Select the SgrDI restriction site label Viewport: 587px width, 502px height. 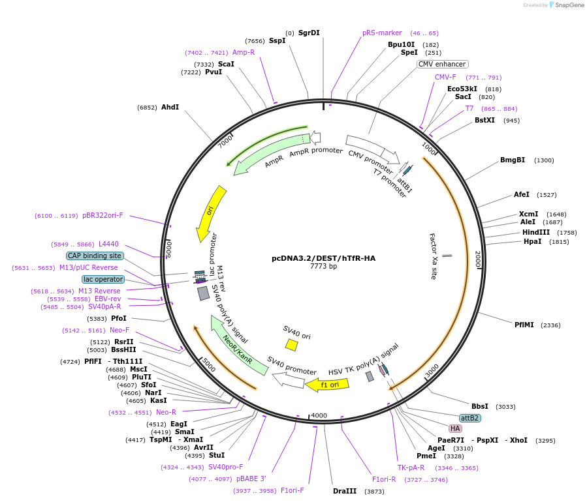coord(309,33)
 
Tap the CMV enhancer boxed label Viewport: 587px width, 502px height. coord(442,64)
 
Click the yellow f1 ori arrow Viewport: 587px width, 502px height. coord(327,385)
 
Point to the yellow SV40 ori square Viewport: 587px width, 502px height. coord(291,344)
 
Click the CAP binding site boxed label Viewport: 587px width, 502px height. coord(95,256)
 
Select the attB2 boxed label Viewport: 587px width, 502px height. coord(469,418)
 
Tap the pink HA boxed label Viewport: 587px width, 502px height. coord(455,428)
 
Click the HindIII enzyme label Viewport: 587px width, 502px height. coord(536,232)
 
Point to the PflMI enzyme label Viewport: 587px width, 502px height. coord(524,325)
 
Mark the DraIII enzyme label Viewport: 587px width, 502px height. coord(345,491)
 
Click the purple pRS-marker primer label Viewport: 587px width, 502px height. coord(382,33)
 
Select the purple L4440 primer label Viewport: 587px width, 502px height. coord(108,244)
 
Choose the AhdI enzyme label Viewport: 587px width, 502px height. coord(170,107)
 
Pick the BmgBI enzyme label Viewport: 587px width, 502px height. coord(513,160)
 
